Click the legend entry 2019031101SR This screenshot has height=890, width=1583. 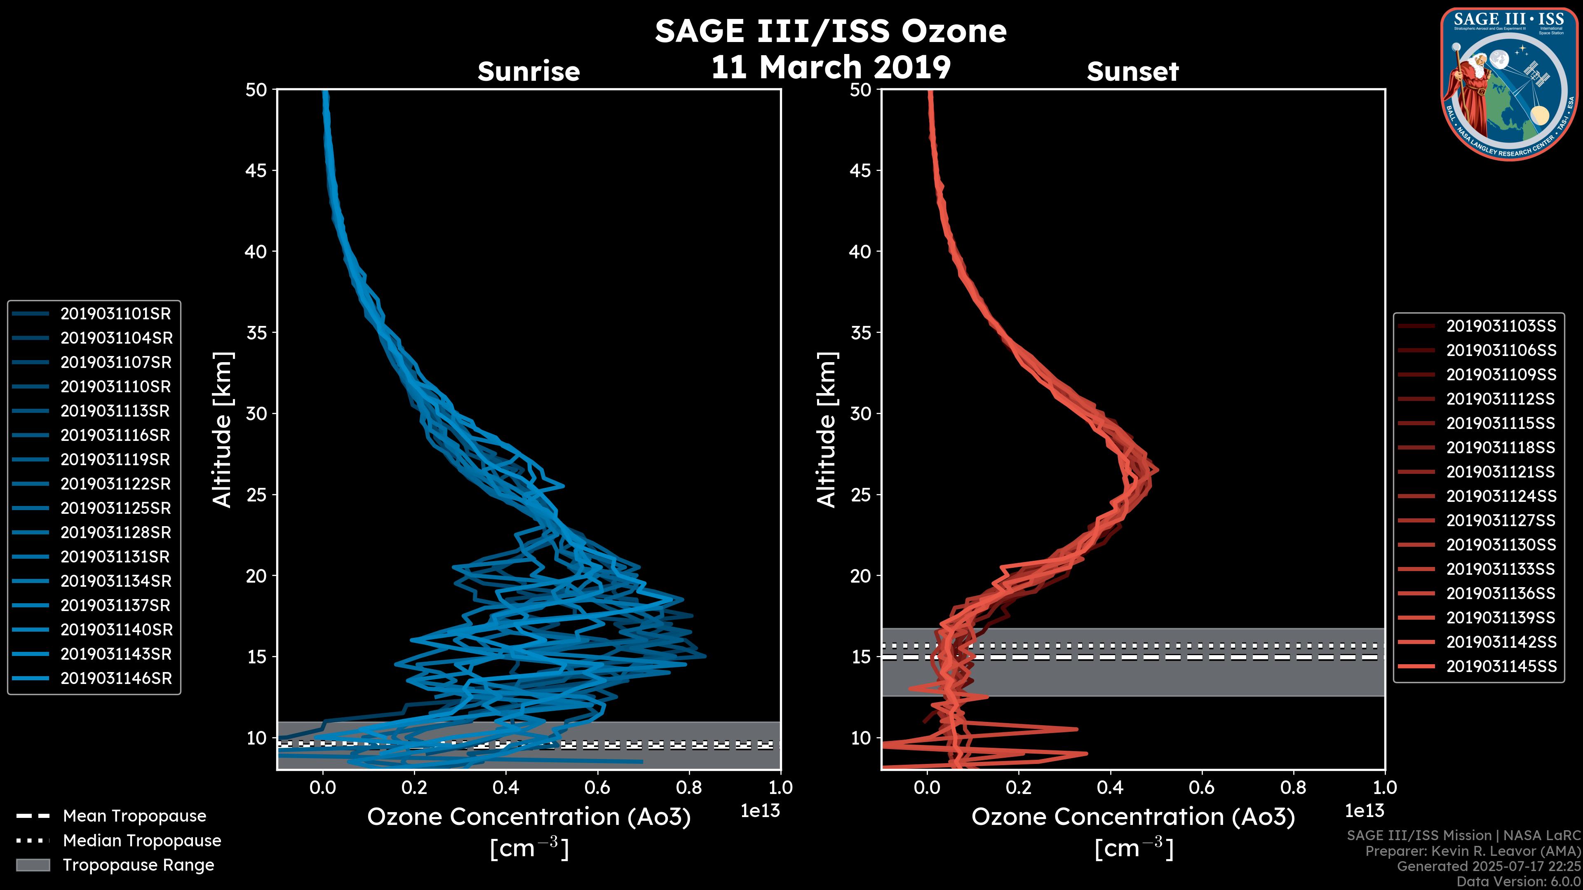click(115, 314)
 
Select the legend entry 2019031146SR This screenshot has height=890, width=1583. click(115, 679)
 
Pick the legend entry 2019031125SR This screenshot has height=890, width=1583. click(115, 508)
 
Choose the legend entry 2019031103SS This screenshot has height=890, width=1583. click(1501, 326)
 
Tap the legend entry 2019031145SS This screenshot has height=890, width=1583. click(1501, 666)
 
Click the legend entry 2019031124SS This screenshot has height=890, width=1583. click(1501, 496)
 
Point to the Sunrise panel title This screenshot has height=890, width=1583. click(528, 72)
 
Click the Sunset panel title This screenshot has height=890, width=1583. click(1132, 72)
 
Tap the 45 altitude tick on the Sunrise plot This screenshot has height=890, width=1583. click(256, 171)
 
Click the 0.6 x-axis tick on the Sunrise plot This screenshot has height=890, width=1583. click(597, 787)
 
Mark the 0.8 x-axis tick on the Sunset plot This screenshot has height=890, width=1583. click(1293, 787)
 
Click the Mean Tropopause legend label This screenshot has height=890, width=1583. click(134, 816)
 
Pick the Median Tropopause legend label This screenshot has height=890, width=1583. click(142, 841)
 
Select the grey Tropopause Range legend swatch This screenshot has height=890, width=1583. click(33, 865)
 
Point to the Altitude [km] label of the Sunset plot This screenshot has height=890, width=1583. click(827, 430)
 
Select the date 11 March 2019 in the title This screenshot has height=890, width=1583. click(831, 67)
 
